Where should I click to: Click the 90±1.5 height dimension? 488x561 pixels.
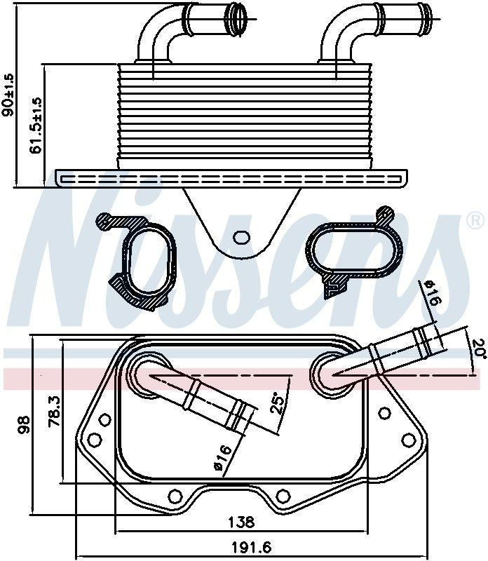click(x=8, y=95)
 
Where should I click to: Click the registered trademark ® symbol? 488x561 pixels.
click(x=475, y=222)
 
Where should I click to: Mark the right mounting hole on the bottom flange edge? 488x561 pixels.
click(x=283, y=496)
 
